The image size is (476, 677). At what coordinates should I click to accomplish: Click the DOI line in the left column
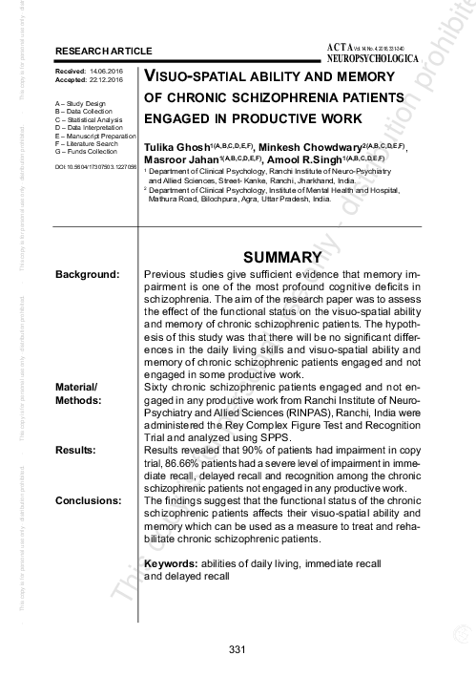click(96, 167)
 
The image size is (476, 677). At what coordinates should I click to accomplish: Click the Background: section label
click(87, 276)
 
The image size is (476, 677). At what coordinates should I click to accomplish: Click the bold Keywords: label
click(169, 564)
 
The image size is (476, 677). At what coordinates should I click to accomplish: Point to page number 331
click(238, 650)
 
